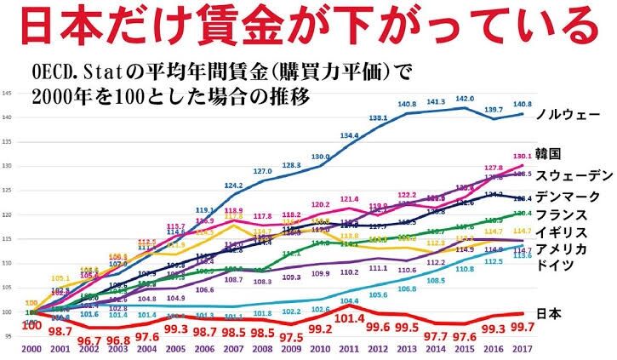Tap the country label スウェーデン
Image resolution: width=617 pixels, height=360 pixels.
pos(574,175)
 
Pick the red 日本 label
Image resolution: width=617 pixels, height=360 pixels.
pos(550,313)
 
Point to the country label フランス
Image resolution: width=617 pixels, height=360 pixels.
pos(562,214)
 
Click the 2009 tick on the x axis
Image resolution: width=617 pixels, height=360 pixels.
pos(291,349)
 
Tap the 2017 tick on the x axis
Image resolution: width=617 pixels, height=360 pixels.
pos(522,349)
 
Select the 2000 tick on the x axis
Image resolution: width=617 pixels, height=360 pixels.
pos(31,349)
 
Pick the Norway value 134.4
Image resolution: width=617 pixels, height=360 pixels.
pos(350,136)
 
